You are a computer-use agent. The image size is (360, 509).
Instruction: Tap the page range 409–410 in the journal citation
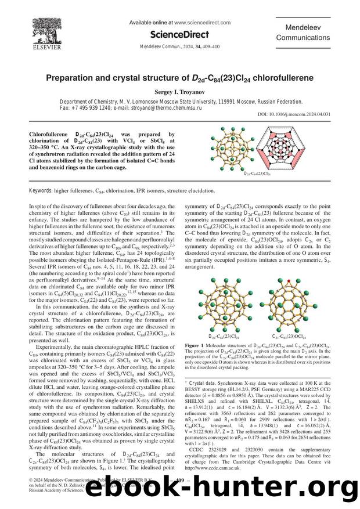point(219,48)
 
